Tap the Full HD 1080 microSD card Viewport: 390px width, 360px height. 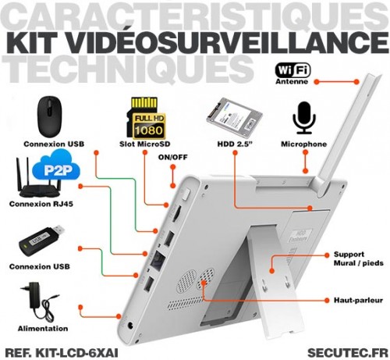[x=146, y=119]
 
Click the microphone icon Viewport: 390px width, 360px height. [x=304, y=118]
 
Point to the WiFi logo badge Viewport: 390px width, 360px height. [x=292, y=70]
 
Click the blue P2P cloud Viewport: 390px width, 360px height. [x=56, y=169]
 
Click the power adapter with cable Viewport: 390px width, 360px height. [x=41, y=303]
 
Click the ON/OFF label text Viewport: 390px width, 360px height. [x=172, y=157]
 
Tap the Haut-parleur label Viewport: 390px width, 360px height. [x=358, y=301]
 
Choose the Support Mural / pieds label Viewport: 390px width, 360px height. [x=359, y=258]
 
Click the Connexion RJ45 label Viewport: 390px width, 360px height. [x=41, y=204]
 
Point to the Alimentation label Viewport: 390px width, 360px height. [x=43, y=329]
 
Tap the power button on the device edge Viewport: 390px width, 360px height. [x=186, y=195]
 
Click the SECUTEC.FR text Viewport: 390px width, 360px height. [x=348, y=353]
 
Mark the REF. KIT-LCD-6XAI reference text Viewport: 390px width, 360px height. [x=62, y=353]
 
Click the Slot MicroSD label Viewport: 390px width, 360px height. [x=145, y=144]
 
